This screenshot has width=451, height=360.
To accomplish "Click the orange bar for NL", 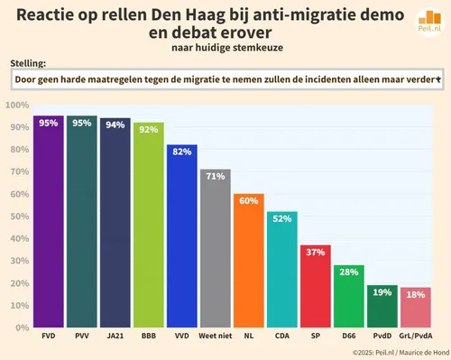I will click(248, 261).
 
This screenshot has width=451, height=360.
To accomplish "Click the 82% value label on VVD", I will click(181, 151).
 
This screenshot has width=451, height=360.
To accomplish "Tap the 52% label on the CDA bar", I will click(281, 217).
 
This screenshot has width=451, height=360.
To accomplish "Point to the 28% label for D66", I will click(348, 272).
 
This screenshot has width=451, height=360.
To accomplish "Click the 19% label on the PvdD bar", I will click(382, 291).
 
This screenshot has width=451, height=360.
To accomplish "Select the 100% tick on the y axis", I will click(17, 105).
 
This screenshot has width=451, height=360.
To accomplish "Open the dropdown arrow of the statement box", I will click(437, 80).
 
